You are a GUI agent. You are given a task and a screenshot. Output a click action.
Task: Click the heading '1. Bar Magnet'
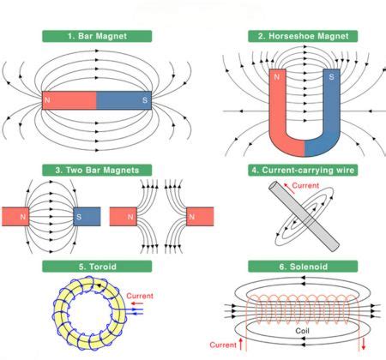click(x=97, y=36)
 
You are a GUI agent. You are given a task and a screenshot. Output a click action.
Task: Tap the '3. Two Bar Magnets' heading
click(x=96, y=170)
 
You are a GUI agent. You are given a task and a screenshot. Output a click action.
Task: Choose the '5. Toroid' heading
click(x=97, y=266)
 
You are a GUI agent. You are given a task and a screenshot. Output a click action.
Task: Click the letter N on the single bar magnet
click(x=47, y=101)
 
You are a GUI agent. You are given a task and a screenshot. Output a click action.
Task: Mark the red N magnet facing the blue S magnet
click(x=15, y=218)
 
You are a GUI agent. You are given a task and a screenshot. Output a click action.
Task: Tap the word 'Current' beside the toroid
click(x=140, y=296)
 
